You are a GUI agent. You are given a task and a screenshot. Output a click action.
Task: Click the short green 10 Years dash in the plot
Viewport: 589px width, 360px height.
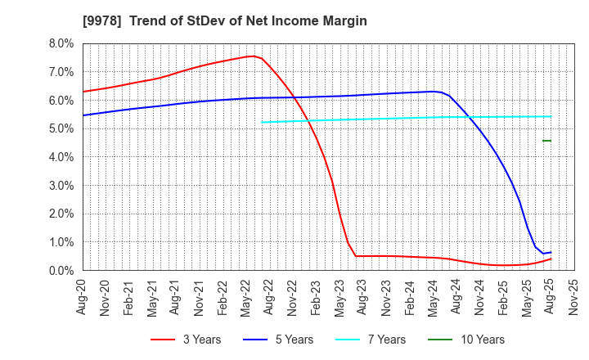pyautogui.click(x=546, y=141)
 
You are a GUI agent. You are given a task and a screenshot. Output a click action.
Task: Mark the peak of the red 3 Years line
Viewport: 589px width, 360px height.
pyautogui.click(x=252, y=56)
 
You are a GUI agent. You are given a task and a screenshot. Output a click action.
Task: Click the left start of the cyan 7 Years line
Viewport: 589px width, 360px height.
pyautogui.click(x=263, y=122)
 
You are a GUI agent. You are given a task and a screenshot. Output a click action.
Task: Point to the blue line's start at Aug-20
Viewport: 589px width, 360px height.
pyautogui.click(x=83, y=115)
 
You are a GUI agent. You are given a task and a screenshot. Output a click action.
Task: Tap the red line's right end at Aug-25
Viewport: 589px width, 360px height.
pyautogui.click(x=551, y=259)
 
